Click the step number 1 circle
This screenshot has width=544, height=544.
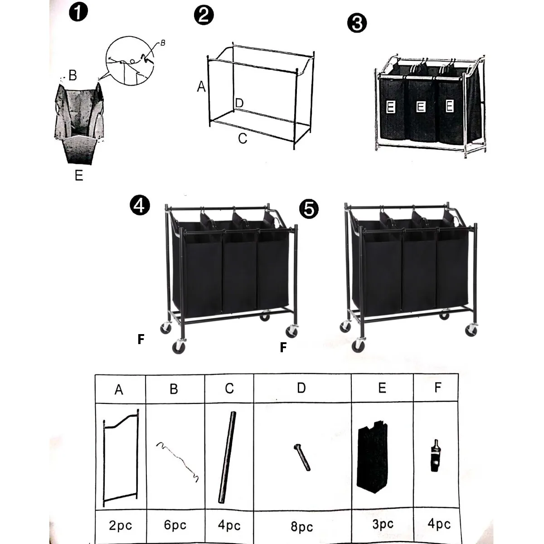click(x=78, y=12)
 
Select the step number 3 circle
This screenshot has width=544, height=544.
click(x=357, y=23)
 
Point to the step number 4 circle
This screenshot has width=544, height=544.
click(x=139, y=205)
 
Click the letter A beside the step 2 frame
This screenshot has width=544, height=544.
click(x=201, y=86)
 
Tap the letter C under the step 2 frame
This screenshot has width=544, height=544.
click(x=243, y=138)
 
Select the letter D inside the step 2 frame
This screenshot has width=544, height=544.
click(x=240, y=103)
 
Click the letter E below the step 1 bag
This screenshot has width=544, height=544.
click(x=79, y=175)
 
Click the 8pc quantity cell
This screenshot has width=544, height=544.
click(x=302, y=527)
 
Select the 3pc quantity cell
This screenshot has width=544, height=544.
click(x=383, y=525)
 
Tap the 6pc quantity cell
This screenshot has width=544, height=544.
click(x=175, y=525)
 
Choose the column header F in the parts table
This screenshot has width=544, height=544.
click(x=437, y=388)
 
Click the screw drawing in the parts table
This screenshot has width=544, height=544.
click(x=302, y=457)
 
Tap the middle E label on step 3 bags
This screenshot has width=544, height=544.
click(x=420, y=107)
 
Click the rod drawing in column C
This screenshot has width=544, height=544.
click(x=228, y=457)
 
